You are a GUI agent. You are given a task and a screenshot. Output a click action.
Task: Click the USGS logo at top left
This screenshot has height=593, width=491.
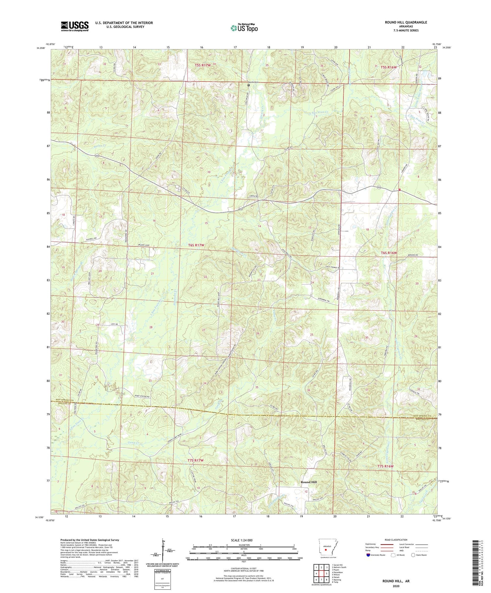[x=75, y=26]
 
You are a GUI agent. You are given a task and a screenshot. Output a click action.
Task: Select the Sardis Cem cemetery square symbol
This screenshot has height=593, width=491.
[x=249, y=85]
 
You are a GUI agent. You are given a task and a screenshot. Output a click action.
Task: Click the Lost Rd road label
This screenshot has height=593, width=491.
[x=113, y=324]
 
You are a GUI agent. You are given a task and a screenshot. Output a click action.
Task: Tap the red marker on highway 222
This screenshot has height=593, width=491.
[x=400, y=189]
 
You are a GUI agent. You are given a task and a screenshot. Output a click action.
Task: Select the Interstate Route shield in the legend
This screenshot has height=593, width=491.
[x=369, y=555]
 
